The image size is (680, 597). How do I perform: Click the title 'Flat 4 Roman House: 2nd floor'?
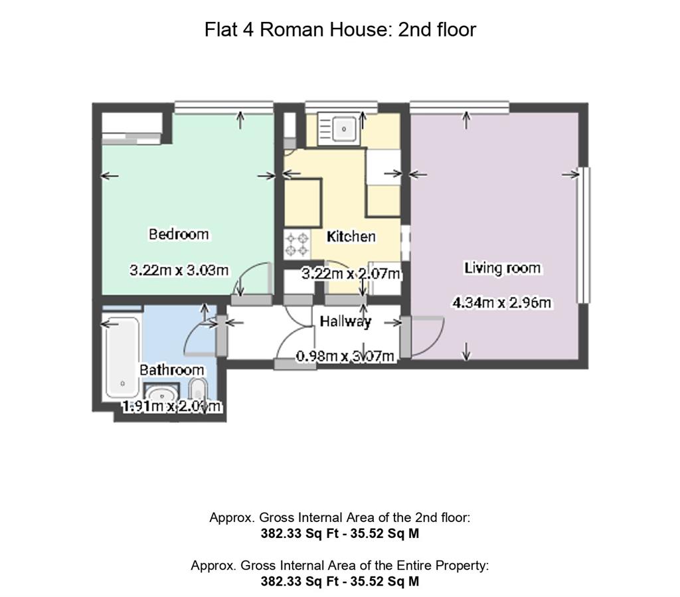(x=340, y=30)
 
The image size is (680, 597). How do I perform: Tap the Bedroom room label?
(x=178, y=234)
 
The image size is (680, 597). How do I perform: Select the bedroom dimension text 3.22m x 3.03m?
(x=179, y=270)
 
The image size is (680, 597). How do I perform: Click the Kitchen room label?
(x=351, y=236)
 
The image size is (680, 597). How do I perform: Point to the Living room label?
(x=502, y=268)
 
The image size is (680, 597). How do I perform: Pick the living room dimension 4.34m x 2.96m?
(x=502, y=303)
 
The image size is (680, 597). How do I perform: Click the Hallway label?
(x=345, y=321)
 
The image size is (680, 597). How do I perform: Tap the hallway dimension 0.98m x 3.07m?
(x=346, y=357)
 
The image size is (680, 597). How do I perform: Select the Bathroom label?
(x=171, y=370)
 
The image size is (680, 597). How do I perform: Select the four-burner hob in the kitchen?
(x=296, y=243)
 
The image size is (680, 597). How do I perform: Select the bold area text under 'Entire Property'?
(x=339, y=581)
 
